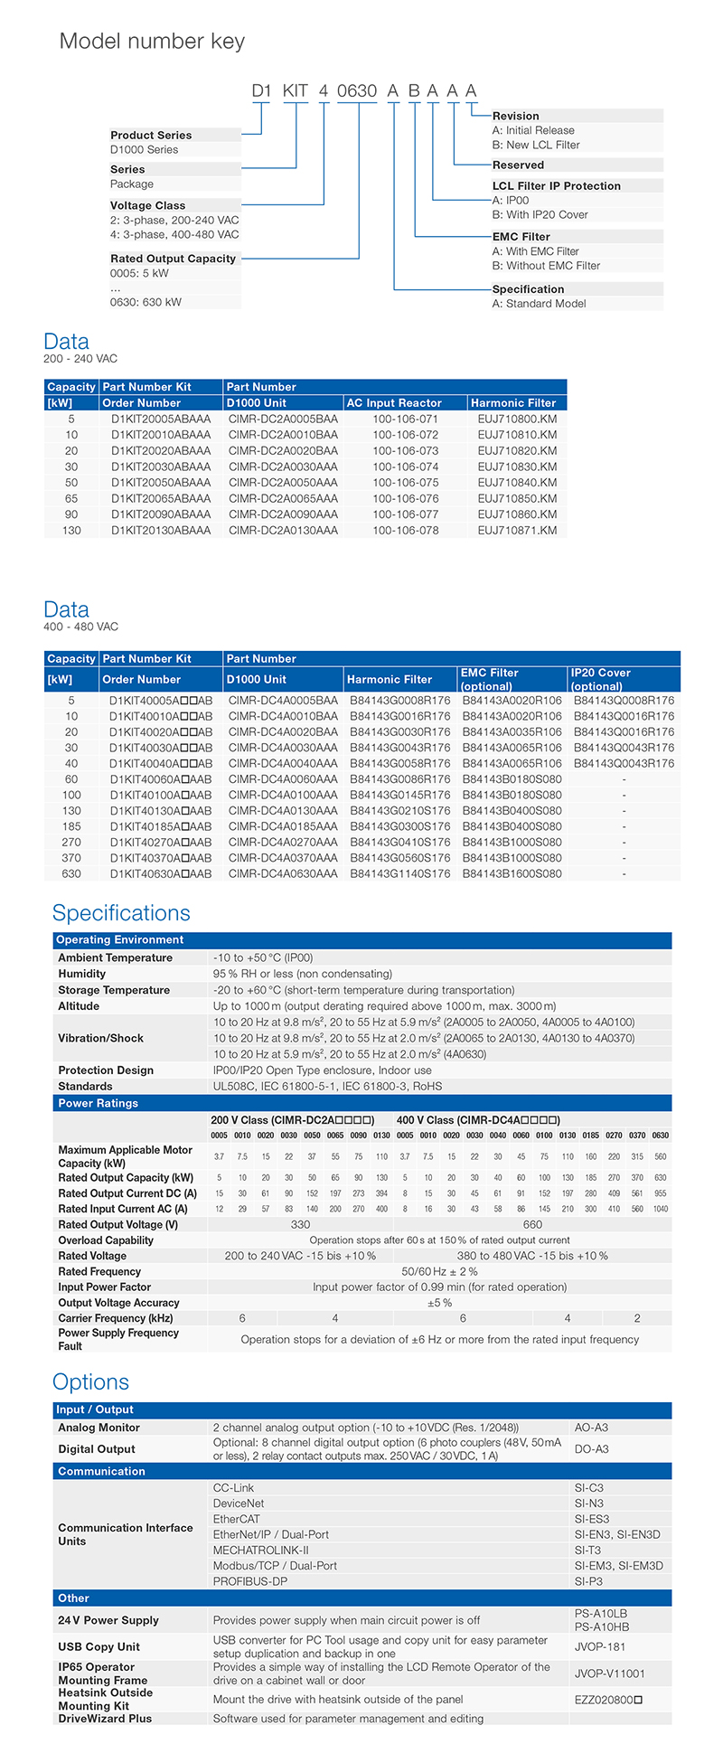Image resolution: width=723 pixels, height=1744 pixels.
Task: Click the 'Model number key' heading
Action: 152,42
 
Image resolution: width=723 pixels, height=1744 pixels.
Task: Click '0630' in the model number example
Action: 356,91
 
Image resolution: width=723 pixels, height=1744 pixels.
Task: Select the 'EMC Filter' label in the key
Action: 521,237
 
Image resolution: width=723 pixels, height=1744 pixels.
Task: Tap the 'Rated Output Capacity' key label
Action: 173,259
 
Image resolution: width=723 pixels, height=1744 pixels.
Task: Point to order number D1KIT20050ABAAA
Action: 161,483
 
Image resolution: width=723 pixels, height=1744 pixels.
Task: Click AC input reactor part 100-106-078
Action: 405,531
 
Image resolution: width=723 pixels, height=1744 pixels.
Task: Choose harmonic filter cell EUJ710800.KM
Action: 517,420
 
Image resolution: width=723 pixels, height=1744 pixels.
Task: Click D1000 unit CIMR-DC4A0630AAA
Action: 283,874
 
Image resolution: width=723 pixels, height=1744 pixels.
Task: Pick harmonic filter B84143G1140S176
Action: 400,874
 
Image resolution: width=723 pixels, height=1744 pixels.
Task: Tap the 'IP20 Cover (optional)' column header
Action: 600,680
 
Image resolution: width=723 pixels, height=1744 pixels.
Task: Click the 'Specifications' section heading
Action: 121,913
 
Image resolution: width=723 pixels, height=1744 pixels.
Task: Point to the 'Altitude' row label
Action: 79,1006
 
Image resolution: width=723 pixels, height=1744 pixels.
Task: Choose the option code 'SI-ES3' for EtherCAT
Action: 592,1519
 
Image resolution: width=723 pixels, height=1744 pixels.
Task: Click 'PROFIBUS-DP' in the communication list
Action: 250,1581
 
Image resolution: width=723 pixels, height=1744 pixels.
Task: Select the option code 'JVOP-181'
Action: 600,1646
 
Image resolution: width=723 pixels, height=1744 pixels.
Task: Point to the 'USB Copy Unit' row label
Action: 99,1646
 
